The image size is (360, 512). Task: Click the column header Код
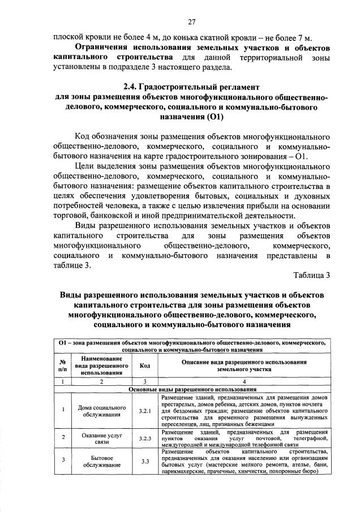[144, 365]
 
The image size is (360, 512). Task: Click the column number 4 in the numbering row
[244, 382]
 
